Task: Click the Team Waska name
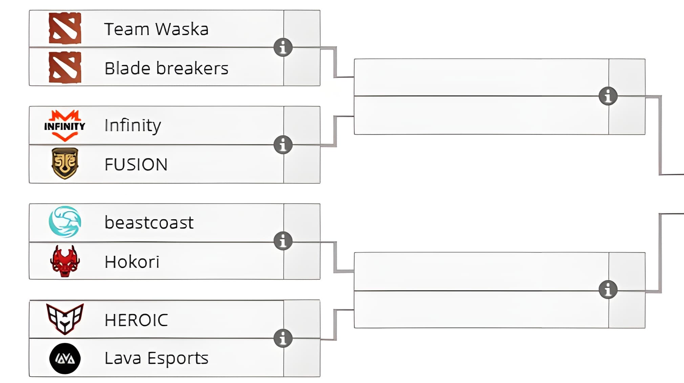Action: (156, 29)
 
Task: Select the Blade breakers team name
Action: (166, 68)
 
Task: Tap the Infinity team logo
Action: (65, 126)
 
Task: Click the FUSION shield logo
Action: (65, 163)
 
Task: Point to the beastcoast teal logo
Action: (65, 222)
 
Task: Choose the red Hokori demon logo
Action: (65, 261)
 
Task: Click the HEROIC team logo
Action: (65, 319)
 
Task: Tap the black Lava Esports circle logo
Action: (65, 358)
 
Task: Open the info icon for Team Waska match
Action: (283, 47)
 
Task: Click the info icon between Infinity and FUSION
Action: (283, 145)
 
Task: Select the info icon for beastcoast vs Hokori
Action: (283, 241)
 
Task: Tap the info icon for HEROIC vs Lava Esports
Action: (283, 338)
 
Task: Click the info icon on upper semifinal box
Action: (608, 96)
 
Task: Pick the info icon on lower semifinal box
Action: (608, 290)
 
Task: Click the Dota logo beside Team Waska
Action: (65, 28)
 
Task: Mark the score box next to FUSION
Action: (302, 164)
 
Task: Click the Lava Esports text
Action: (156, 358)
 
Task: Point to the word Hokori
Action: (132, 262)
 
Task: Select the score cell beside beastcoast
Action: (302, 223)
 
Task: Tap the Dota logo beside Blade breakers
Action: (65, 68)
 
